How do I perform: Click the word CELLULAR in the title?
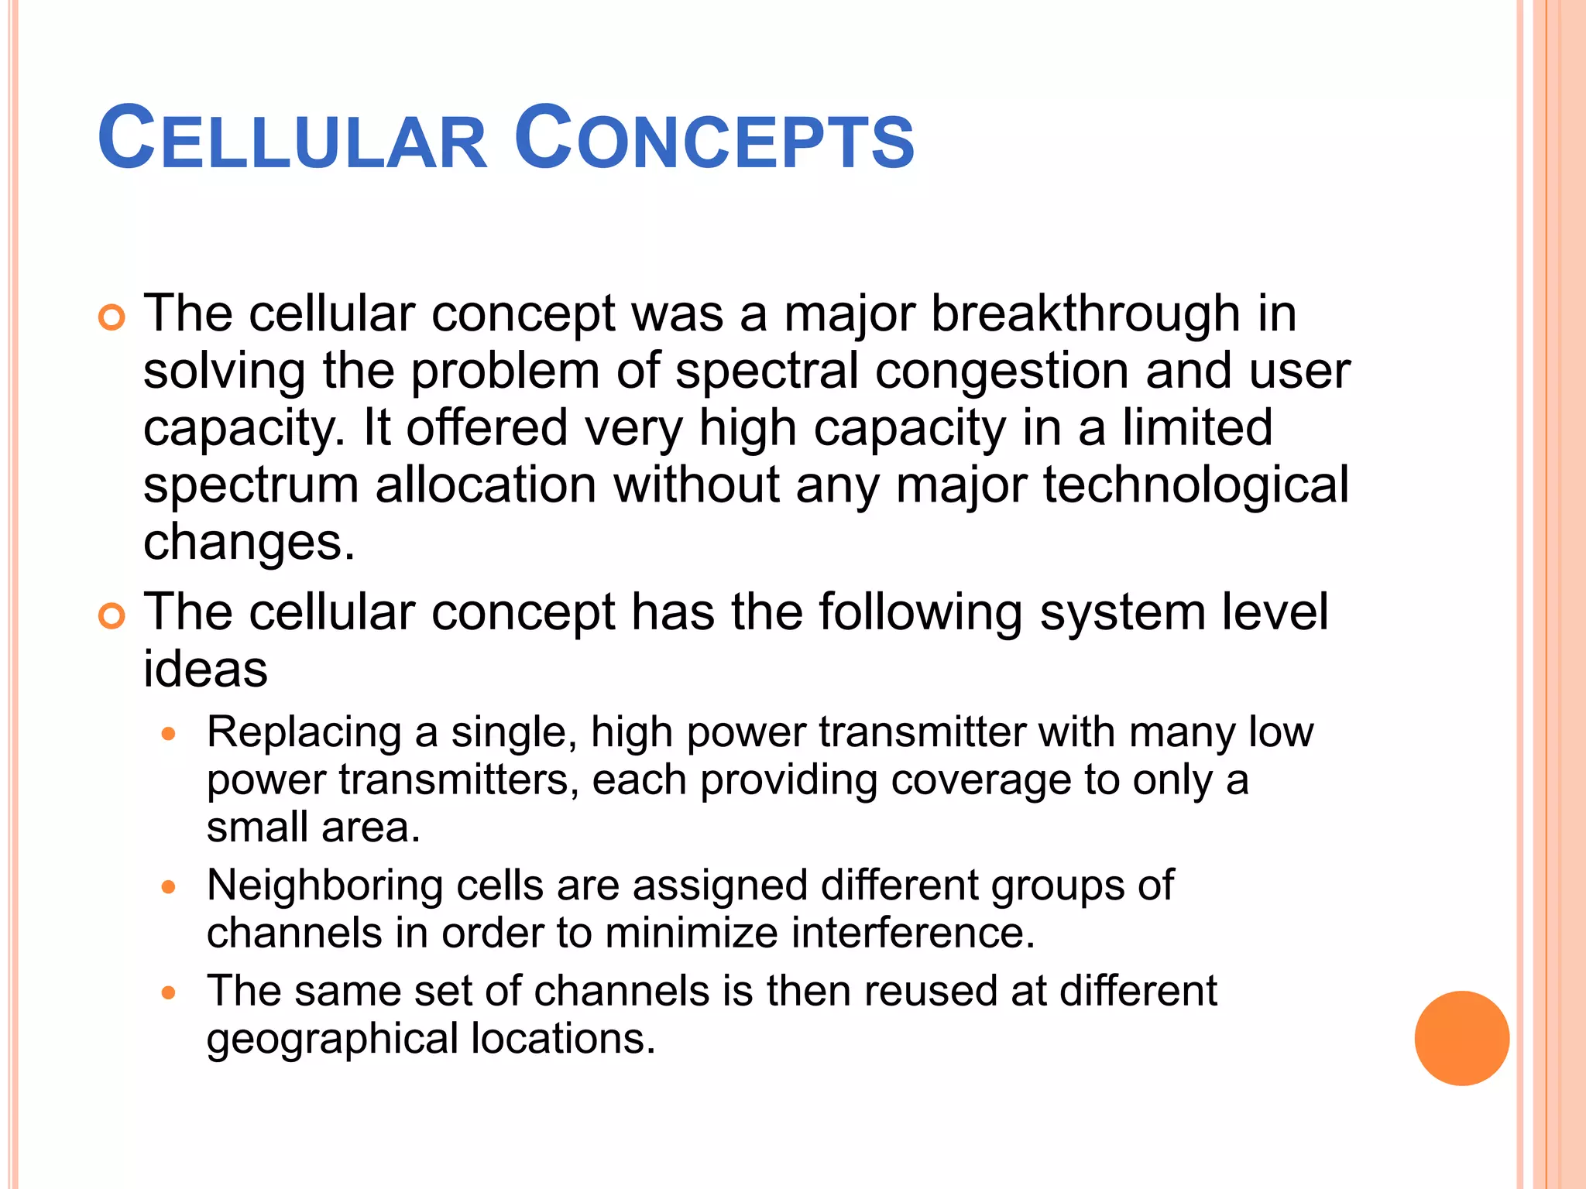[x=293, y=139]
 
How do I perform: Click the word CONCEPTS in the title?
[x=714, y=139]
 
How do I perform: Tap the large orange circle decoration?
[x=1461, y=1038]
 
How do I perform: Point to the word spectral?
[x=767, y=371]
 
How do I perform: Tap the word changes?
[x=249, y=543]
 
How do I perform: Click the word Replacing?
[x=304, y=732]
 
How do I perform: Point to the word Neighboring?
[x=324, y=885]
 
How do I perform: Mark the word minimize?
[x=691, y=933]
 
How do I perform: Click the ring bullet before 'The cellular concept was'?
[x=112, y=318]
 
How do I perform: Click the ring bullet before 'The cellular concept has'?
[x=112, y=616]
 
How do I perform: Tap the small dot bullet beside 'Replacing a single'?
[x=170, y=734]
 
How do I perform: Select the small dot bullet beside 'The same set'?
[x=170, y=992]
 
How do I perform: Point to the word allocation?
[x=486, y=485]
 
